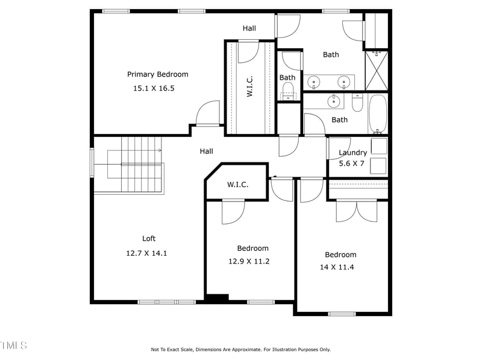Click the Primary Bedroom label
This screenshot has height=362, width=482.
tap(157, 74)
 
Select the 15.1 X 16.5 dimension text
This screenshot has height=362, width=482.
tap(153, 88)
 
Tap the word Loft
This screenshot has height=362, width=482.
tap(148, 238)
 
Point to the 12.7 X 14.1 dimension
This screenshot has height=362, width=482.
tap(146, 253)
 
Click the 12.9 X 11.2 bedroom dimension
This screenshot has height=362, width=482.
tap(248, 261)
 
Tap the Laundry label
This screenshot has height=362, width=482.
tap(352, 153)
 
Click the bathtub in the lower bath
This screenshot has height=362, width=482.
tap(378, 114)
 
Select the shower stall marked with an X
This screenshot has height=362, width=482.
tap(377, 71)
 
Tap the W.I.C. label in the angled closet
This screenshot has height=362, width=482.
tap(237, 185)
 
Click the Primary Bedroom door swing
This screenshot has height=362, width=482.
tap(208, 113)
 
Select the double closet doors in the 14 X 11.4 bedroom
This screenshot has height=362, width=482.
tap(357, 210)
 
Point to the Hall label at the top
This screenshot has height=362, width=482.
tap(249, 28)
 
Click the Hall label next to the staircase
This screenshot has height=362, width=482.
tap(206, 151)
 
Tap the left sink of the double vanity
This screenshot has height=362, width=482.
tap(315, 81)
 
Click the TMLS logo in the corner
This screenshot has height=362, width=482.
tap(13, 346)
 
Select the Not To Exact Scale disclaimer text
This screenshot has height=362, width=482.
tap(240, 349)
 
